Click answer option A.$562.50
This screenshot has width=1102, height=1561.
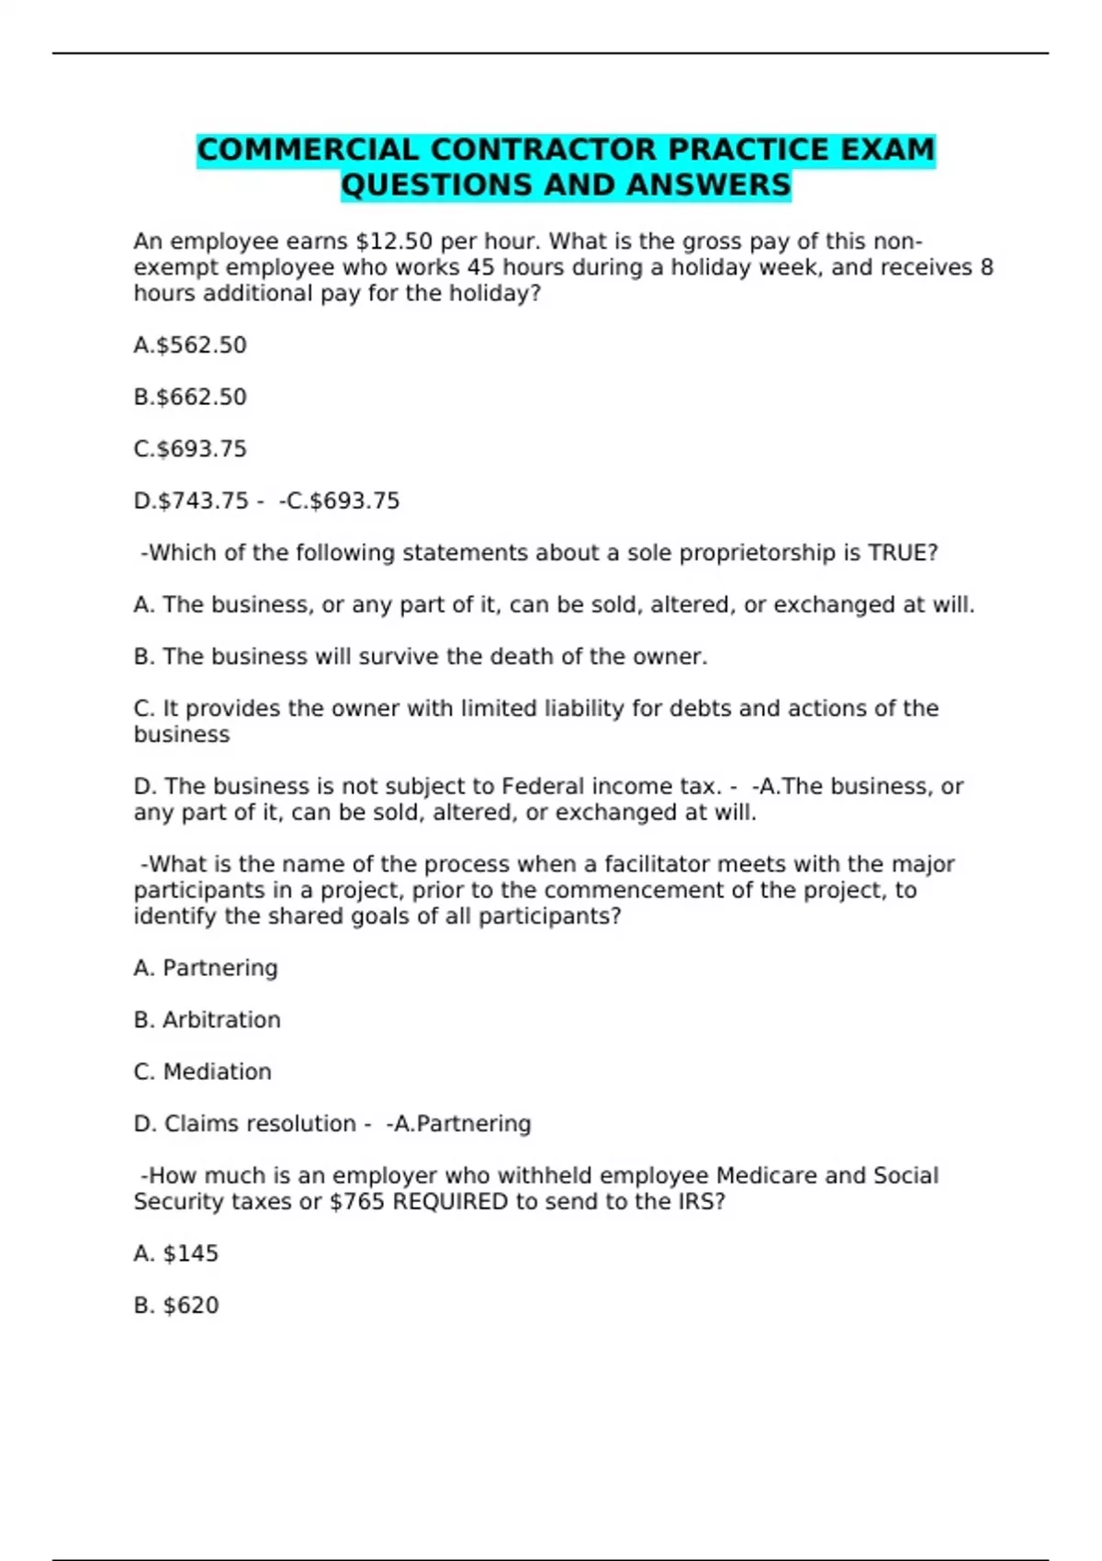190,345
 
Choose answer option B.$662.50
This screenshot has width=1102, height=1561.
190,398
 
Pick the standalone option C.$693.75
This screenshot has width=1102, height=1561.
190,449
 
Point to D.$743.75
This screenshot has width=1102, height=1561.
191,501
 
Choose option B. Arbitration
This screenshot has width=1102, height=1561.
207,1020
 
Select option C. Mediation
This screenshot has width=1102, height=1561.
202,1072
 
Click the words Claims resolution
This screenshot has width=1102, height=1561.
260,1124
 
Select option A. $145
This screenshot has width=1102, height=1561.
176,1253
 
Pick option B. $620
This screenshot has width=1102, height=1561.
176,1306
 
